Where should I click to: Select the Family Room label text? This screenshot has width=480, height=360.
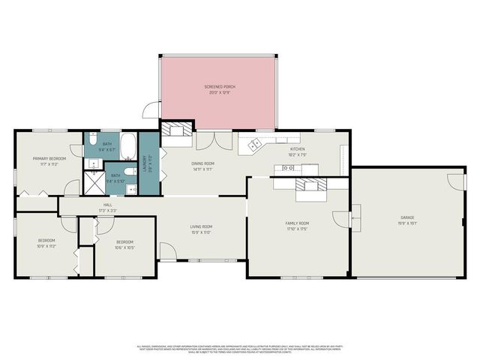pyautogui.click(x=297, y=224)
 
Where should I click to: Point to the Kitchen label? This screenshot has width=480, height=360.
pyautogui.click(x=298, y=150)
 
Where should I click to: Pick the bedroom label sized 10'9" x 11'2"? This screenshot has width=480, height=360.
pyautogui.click(x=47, y=242)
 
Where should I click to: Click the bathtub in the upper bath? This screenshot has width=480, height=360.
pyautogui.click(x=128, y=144)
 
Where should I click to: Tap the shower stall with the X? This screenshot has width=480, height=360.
pyautogui.click(x=94, y=178)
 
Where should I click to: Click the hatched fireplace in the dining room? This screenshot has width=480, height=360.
pyautogui.click(x=178, y=128)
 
